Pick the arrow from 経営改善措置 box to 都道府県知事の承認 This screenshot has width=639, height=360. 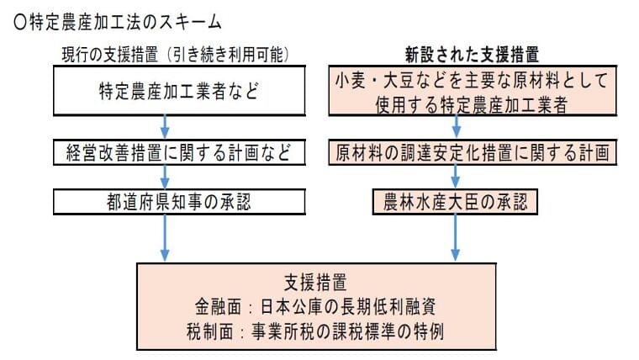[x=167, y=178]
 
